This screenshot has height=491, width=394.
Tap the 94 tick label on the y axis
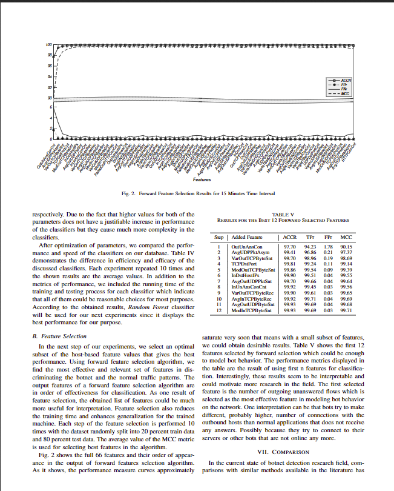49,77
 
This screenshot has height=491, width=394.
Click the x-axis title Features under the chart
202,179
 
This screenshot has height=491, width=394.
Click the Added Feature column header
246,237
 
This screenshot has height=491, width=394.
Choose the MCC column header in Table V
346,237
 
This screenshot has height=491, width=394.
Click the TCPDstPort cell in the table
245,264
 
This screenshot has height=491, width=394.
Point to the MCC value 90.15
346,247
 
